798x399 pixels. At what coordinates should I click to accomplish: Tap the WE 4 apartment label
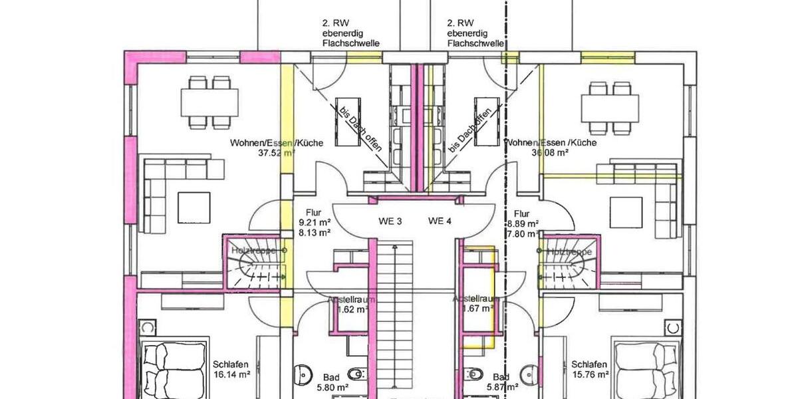coord(440,220)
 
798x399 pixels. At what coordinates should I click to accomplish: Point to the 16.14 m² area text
coord(231,374)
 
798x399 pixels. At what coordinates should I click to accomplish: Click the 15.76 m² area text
coord(589,374)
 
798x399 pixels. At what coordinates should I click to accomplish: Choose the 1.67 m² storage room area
coord(475,309)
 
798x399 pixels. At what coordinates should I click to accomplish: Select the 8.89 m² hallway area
coord(522,223)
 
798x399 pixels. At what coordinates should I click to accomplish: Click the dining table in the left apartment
coord(209,102)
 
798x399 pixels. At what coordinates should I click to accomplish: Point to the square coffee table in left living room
coord(195,207)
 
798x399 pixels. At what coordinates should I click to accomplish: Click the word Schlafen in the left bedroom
coord(231,364)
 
